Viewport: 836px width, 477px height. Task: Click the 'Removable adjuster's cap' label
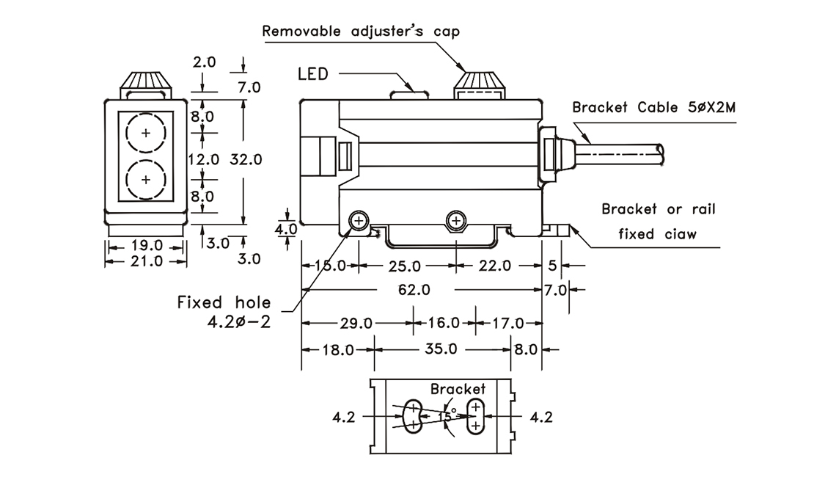pyautogui.click(x=360, y=32)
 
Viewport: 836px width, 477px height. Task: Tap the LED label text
pyautogui.click(x=314, y=74)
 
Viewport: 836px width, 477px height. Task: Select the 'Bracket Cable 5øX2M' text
pyautogui.click(x=654, y=108)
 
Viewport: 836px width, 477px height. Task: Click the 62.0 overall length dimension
pyautogui.click(x=414, y=291)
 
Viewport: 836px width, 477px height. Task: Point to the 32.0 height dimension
pyautogui.click(x=246, y=159)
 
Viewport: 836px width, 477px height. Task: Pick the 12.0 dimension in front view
pyautogui.click(x=203, y=159)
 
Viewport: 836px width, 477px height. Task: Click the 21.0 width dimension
pyautogui.click(x=147, y=261)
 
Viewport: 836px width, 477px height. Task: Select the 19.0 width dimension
pyautogui.click(x=147, y=246)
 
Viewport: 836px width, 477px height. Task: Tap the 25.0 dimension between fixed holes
pyautogui.click(x=404, y=266)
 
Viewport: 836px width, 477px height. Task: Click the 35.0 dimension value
pyautogui.click(x=441, y=349)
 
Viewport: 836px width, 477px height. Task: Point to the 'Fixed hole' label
pyautogui.click(x=224, y=302)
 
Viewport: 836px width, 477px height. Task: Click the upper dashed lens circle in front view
pyautogui.click(x=146, y=133)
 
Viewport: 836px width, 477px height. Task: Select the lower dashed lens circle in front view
pyautogui.click(x=146, y=179)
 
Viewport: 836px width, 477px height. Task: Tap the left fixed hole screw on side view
pyautogui.click(x=359, y=221)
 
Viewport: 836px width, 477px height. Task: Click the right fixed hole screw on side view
pyautogui.click(x=456, y=221)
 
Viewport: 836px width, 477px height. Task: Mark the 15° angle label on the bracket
pyautogui.click(x=447, y=416)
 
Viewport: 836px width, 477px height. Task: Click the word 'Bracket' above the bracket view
pyautogui.click(x=458, y=388)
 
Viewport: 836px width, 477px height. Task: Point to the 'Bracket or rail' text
pyautogui.click(x=659, y=209)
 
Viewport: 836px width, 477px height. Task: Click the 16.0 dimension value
pyautogui.click(x=444, y=323)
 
